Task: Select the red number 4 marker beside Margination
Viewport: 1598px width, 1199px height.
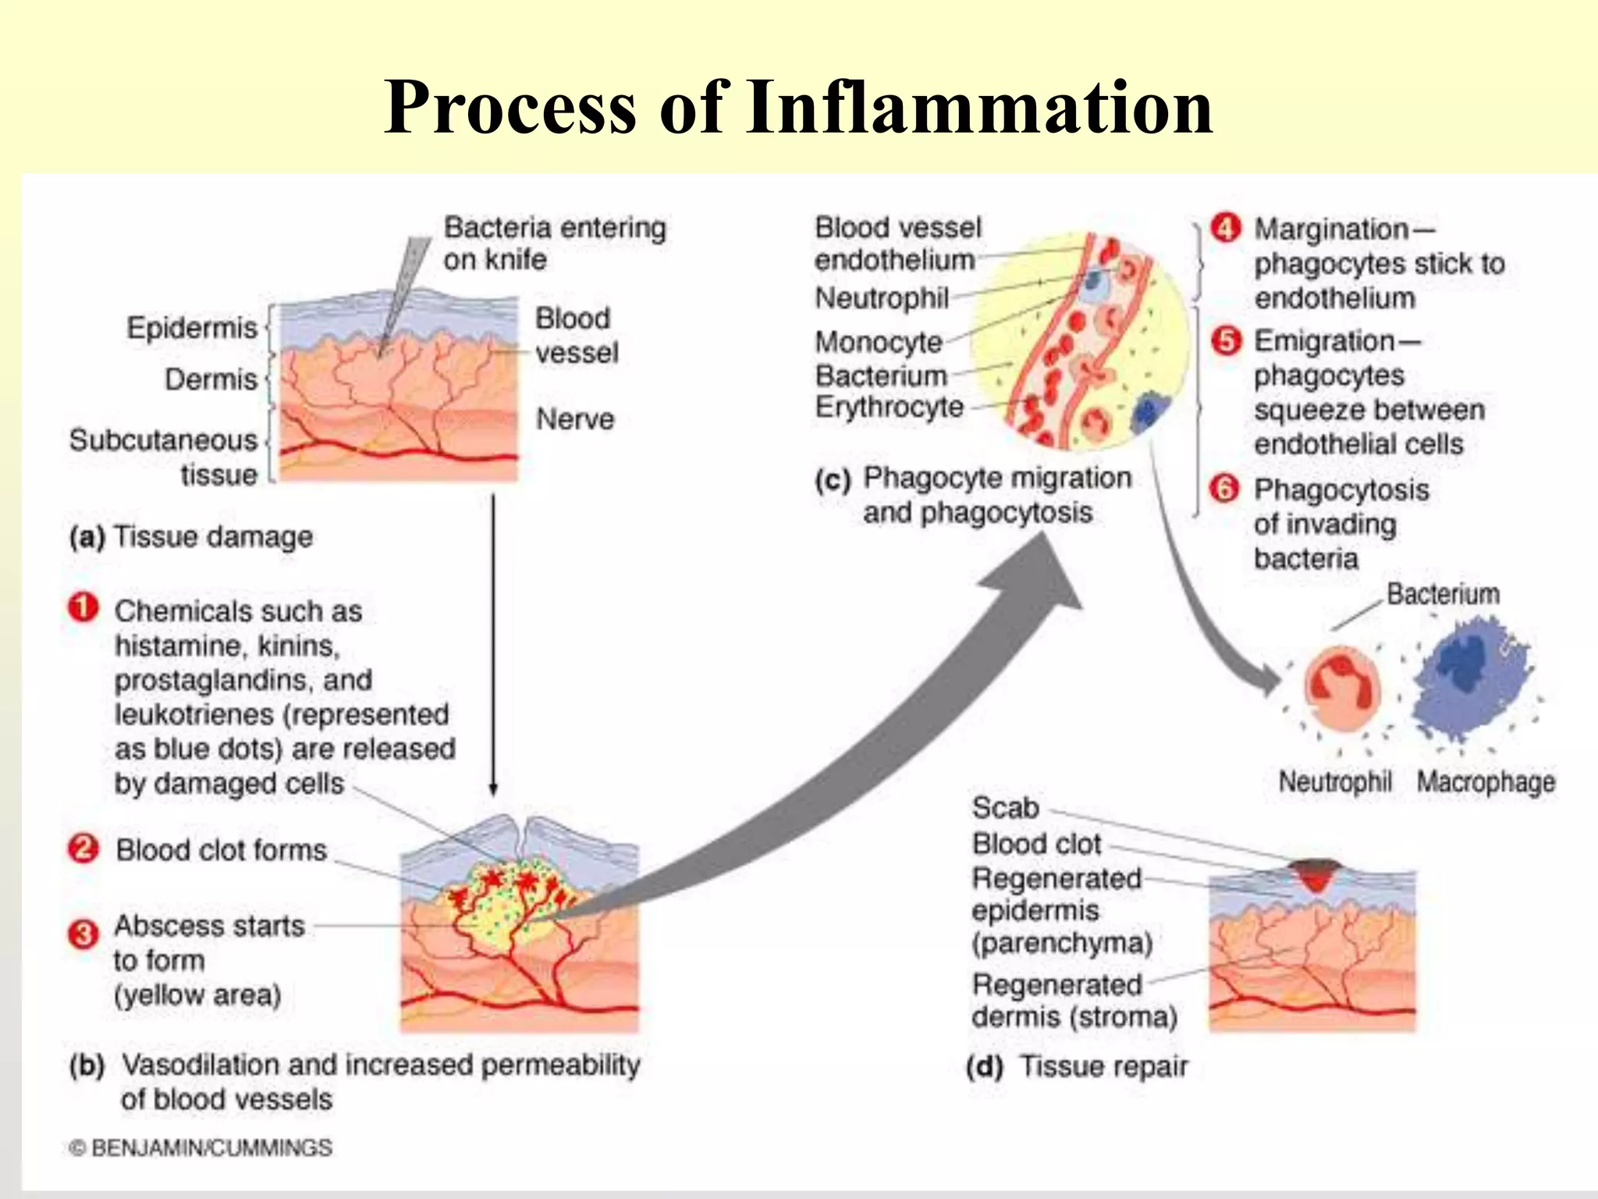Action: tap(1226, 228)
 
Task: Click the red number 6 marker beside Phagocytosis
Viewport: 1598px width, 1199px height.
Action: tap(1224, 489)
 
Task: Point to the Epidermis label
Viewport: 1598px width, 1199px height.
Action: tap(192, 328)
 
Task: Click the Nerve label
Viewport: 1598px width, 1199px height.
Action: tap(575, 419)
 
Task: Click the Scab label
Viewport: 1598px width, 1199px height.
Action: tap(1005, 808)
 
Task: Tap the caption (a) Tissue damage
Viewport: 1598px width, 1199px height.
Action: tap(191, 537)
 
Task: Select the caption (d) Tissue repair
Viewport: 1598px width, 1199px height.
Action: tap(1077, 1066)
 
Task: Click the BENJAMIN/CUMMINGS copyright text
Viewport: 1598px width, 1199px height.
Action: tap(201, 1148)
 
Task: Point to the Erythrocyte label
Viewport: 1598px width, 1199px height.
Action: tap(890, 407)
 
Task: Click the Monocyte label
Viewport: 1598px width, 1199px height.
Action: tap(879, 342)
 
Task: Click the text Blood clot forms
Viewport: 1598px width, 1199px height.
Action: tap(221, 850)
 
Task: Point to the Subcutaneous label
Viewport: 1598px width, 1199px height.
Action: tap(163, 440)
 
